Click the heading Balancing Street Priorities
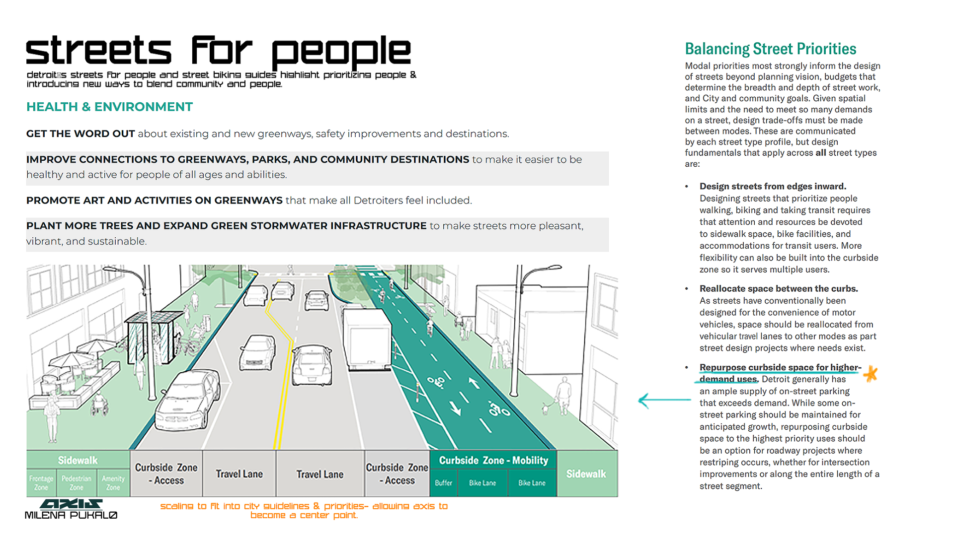coord(770,49)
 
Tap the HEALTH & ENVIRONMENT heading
coord(109,107)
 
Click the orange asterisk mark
coord(871,373)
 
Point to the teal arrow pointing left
coord(663,400)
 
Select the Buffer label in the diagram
coord(443,483)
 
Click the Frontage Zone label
coord(41,483)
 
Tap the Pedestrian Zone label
coord(76,483)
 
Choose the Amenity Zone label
coord(113,483)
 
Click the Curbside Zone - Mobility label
coord(493,461)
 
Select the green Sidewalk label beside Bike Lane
coord(586,474)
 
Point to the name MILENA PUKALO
coord(71,516)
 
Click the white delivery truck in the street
coord(367,337)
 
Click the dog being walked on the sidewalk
coord(546,409)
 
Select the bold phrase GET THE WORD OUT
coord(80,134)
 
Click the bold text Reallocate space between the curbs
coord(779,289)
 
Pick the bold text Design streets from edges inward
coord(773,187)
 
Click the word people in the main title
coord(341,51)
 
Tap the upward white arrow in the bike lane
coord(474,383)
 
